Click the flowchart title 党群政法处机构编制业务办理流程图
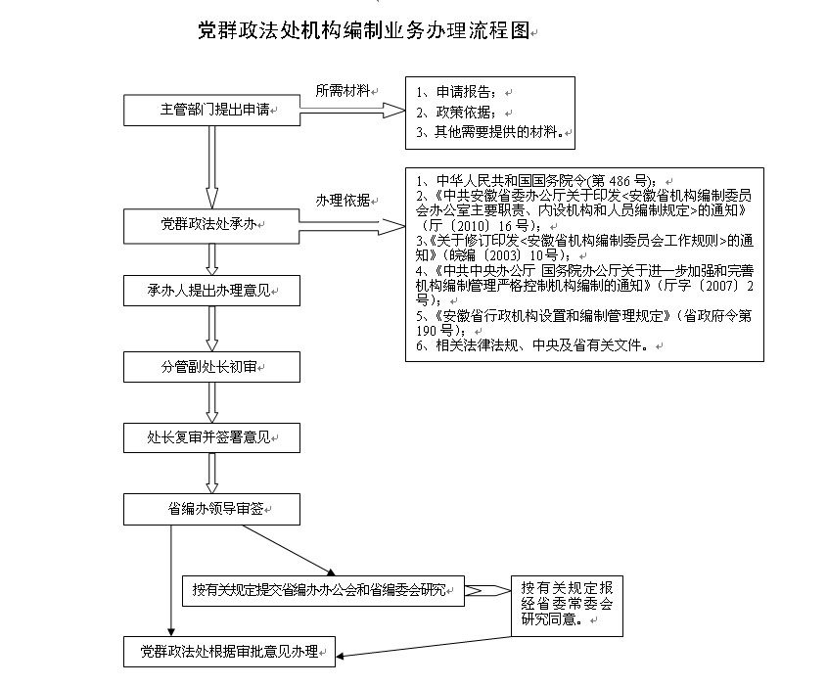click(364, 30)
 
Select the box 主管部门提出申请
click(212, 111)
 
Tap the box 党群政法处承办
click(211, 226)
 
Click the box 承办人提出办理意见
click(212, 291)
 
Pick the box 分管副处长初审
click(212, 367)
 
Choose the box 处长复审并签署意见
click(212, 437)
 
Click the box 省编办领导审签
click(212, 509)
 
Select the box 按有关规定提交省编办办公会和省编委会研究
click(323, 591)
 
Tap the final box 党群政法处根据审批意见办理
click(229, 652)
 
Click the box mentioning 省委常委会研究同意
click(567, 606)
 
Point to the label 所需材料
click(343, 91)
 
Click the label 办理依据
click(343, 201)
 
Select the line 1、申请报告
click(456, 92)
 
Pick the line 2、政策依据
click(456, 113)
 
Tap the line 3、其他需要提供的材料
click(489, 132)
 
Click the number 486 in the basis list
click(620, 181)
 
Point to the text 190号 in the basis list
click(435, 331)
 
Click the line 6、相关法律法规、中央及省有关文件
click(532, 345)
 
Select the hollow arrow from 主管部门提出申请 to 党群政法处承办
click(212, 167)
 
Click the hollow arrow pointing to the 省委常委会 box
click(487, 590)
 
